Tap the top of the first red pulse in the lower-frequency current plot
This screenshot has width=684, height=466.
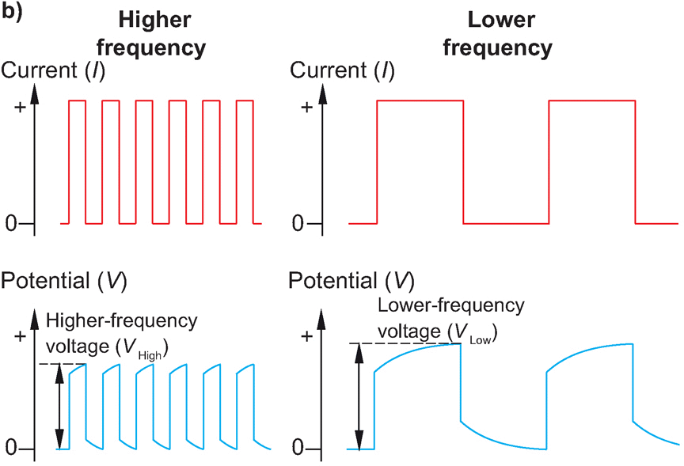[420, 100]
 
